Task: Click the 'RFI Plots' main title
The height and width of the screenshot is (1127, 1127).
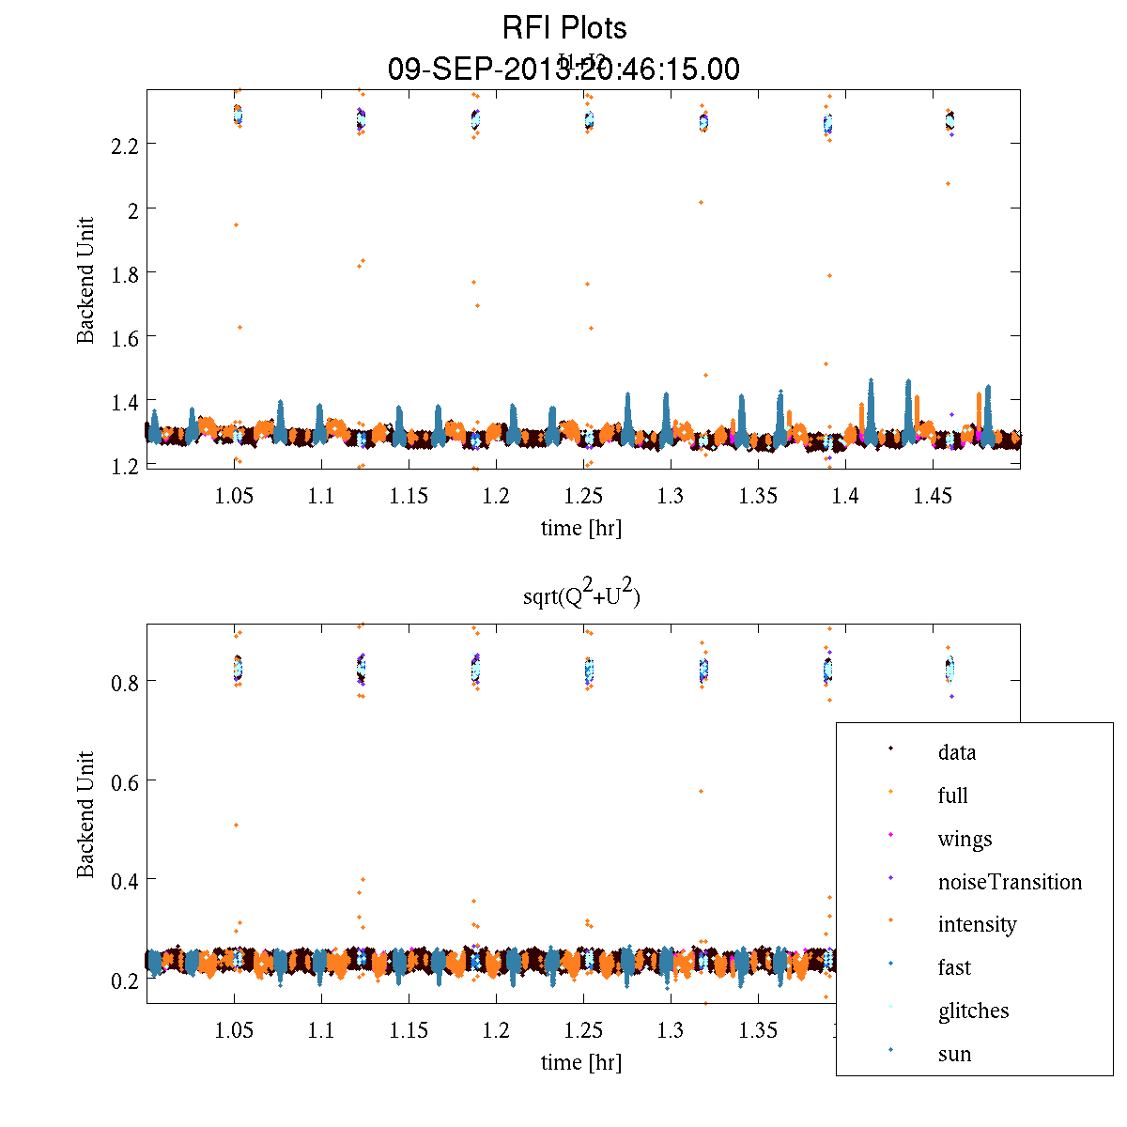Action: (563, 28)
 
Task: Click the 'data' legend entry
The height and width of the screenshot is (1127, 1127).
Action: (956, 752)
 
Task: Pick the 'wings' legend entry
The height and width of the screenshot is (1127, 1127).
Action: (965, 839)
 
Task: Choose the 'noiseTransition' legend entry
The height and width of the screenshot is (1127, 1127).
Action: (1010, 882)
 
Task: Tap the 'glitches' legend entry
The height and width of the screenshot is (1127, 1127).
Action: (973, 1011)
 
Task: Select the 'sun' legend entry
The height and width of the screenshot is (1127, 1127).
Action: (954, 1054)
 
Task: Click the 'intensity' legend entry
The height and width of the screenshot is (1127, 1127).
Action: (977, 924)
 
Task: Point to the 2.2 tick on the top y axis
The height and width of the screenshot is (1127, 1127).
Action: (120, 145)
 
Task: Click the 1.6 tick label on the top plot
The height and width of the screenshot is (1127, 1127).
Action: (120, 337)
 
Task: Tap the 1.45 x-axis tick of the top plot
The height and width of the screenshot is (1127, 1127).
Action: (933, 496)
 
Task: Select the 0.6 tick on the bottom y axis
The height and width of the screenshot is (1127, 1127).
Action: (120, 781)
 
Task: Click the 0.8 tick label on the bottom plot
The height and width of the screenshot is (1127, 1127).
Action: (120, 682)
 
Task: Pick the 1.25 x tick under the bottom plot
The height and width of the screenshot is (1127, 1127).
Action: (583, 1030)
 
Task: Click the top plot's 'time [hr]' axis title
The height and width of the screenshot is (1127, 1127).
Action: (580, 528)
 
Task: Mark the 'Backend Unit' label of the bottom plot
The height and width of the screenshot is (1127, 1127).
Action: (86, 814)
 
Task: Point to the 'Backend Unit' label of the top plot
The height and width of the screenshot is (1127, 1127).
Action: (86, 280)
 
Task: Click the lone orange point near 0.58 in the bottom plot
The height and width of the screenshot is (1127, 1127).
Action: (701, 792)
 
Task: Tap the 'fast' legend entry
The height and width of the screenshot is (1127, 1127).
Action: (954, 967)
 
